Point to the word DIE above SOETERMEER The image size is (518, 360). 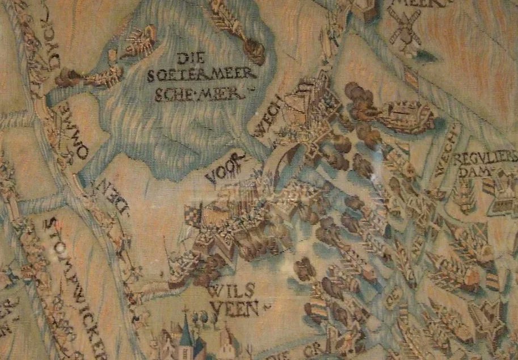point(189,58)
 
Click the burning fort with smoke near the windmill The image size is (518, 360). point(397,114)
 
